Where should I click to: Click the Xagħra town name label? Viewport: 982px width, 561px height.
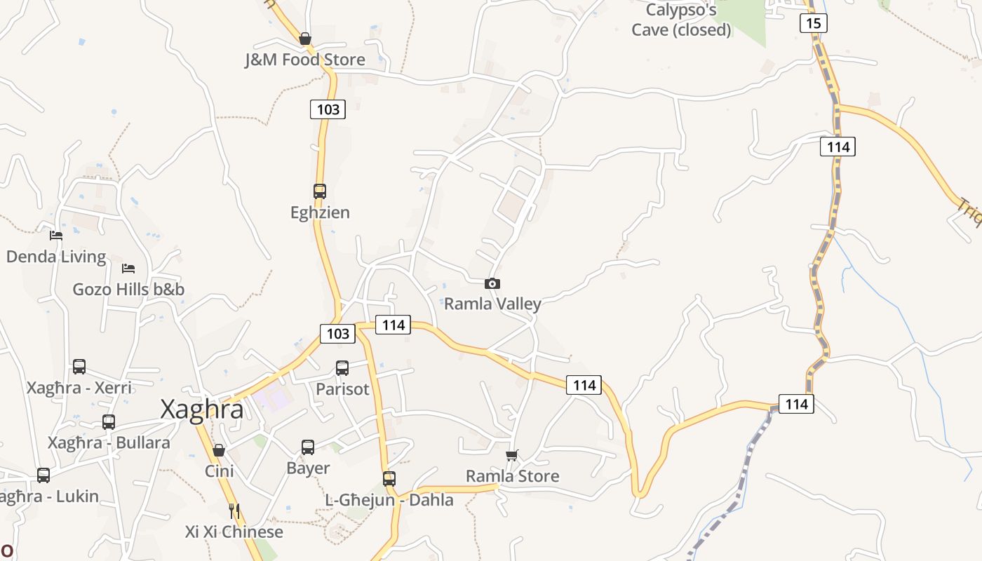tap(202, 410)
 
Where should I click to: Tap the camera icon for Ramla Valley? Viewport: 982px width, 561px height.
tap(492, 284)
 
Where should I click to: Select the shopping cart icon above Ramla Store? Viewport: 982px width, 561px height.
tap(512, 456)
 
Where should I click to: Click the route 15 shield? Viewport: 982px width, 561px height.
tap(813, 23)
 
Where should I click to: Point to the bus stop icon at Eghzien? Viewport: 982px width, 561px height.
tap(320, 191)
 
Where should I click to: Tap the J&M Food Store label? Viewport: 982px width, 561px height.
tap(305, 60)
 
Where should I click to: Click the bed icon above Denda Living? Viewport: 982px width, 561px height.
tap(56, 236)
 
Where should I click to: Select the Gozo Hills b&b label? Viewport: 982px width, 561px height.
tap(129, 290)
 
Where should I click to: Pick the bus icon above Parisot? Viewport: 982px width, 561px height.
tap(342, 367)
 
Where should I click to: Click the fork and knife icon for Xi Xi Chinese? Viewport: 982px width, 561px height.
tap(234, 511)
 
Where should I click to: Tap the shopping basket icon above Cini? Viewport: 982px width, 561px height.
tap(219, 450)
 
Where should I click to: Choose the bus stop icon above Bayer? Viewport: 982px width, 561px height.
tap(308, 447)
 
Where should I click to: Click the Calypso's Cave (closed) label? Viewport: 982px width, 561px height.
tap(681, 20)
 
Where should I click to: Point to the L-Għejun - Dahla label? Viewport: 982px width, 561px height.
tap(389, 500)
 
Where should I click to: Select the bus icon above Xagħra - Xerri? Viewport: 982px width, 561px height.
tap(79, 366)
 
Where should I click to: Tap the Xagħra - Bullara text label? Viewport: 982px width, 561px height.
tap(109, 443)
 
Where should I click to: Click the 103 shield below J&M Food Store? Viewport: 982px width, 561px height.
tap(328, 109)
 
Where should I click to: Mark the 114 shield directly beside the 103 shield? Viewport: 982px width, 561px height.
tap(393, 325)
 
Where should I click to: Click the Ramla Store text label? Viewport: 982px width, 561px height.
tap(513, 477)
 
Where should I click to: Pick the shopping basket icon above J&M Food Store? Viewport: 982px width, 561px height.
tap(305, 39)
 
